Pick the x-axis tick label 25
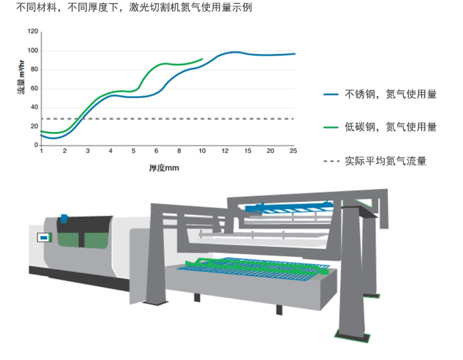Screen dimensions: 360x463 (293, 152)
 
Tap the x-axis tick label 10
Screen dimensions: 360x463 (202, 152)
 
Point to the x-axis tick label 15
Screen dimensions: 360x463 (248, 152)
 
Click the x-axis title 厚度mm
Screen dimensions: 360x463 (164, 167)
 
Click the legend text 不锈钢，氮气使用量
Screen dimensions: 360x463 (390, 95)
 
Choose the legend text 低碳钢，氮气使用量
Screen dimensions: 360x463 (390, 127)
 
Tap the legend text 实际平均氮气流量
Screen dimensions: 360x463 (385, 161)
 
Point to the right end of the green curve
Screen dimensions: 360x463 (203, 59)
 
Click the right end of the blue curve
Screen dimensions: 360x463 (294, 54)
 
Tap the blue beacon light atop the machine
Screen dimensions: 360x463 (64, 218)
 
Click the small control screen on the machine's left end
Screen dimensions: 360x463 (44, 238)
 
